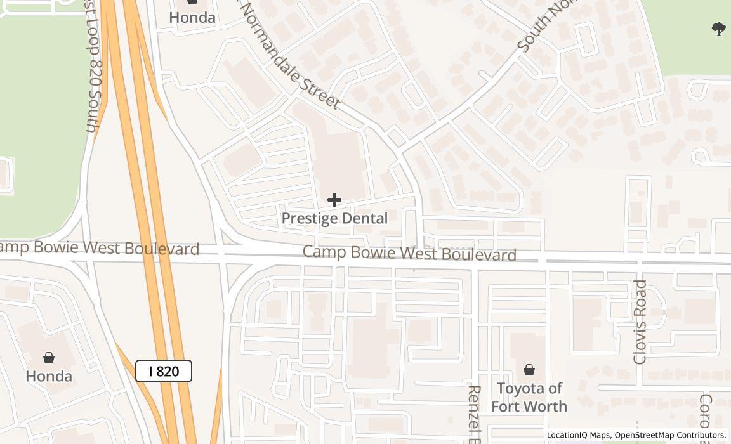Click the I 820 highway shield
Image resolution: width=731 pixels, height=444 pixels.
point(164,371)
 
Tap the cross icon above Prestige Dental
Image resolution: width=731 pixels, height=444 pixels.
point(334,200)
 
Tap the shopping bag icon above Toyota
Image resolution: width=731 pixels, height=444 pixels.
point(529,369)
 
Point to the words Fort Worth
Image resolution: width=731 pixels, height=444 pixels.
point(529,406)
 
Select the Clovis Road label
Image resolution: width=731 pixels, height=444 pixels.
point(640,322)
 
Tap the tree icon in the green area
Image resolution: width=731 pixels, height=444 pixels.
point(719,29)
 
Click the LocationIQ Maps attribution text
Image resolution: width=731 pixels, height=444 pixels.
point(577,435)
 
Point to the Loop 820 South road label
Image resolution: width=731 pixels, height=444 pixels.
point(94,70)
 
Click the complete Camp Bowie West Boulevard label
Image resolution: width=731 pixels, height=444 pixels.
point(409,253)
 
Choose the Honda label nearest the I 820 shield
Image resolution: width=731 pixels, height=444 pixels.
point(49,376)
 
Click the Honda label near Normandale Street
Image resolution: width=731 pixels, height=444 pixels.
point(192,18)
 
